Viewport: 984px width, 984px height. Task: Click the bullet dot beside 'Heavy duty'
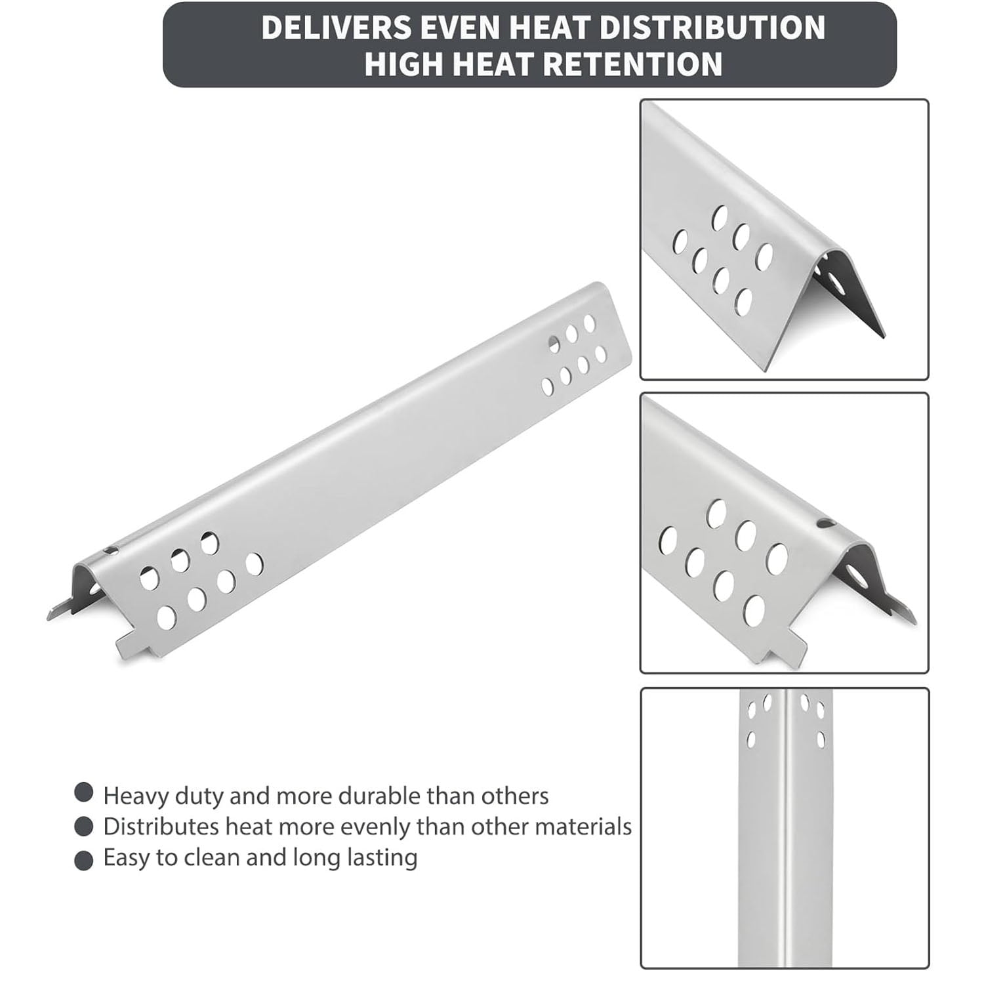point(84,792)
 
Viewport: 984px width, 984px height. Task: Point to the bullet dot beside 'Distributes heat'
point(84,827)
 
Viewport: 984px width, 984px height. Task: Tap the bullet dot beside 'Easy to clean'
point(84,860)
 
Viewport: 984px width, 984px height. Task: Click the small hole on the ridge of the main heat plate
point(112,548)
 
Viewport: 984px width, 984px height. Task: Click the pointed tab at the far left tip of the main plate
point(58,611)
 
